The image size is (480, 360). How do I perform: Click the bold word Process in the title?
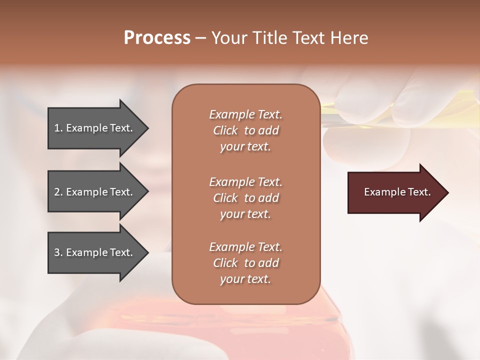[157, 38]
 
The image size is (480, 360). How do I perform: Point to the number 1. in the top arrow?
[58, 128]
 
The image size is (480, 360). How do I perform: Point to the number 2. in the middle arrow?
[58, 192]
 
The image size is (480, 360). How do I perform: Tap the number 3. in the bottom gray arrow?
[58, 252]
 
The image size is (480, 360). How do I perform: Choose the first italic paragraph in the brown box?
[245, 130]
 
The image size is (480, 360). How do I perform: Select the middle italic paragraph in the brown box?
[245, 198]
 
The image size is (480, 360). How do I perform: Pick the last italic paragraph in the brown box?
[245, 263]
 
